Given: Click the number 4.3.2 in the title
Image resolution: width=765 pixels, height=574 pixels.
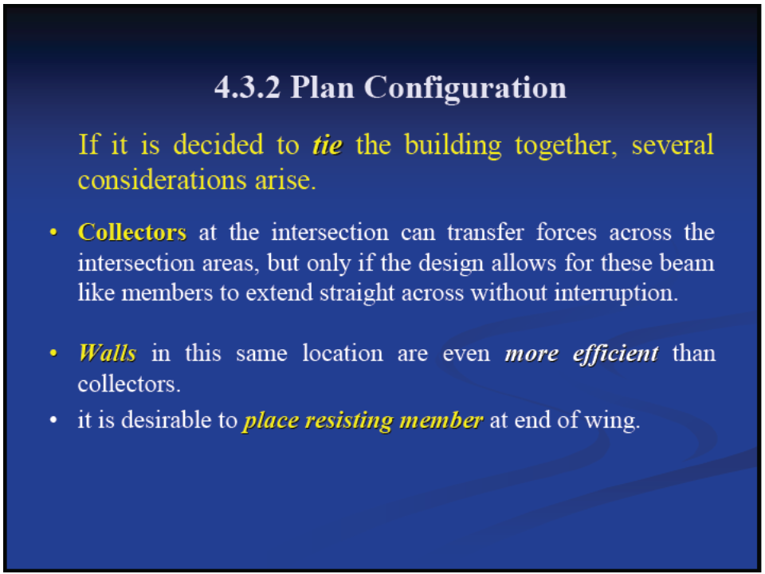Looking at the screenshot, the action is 247,88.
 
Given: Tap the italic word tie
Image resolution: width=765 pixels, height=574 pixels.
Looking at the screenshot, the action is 328,145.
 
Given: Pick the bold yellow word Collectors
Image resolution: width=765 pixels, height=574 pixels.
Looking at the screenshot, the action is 132,232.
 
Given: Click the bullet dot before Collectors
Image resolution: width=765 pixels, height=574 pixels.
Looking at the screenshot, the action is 53,232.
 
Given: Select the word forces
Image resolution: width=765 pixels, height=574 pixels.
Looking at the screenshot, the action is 567,232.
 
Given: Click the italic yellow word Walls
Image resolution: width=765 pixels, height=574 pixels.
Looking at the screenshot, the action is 108,353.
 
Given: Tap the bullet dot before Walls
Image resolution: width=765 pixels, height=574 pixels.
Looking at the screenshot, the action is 53,353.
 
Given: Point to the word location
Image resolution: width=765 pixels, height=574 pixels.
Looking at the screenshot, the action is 343,353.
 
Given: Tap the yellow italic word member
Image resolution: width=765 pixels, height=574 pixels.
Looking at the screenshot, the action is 441,420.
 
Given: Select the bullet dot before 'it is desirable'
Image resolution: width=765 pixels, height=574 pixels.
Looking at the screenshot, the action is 53,420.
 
